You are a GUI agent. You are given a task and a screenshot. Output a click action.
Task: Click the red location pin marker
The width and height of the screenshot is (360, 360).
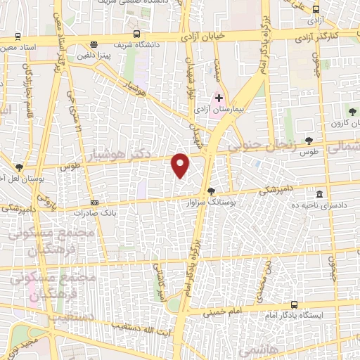tap(181, 165)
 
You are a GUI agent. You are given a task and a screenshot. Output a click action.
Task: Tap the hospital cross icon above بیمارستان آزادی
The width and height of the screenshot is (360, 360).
tap(219, 98)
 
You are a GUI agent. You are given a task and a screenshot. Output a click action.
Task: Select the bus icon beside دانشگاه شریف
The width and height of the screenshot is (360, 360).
tap(135, 34)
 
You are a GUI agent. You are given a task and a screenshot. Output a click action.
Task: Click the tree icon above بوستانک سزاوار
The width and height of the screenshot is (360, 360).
tap(211, 190)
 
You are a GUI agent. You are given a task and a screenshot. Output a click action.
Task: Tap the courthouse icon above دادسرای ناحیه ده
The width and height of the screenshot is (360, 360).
tap(320, 193)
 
